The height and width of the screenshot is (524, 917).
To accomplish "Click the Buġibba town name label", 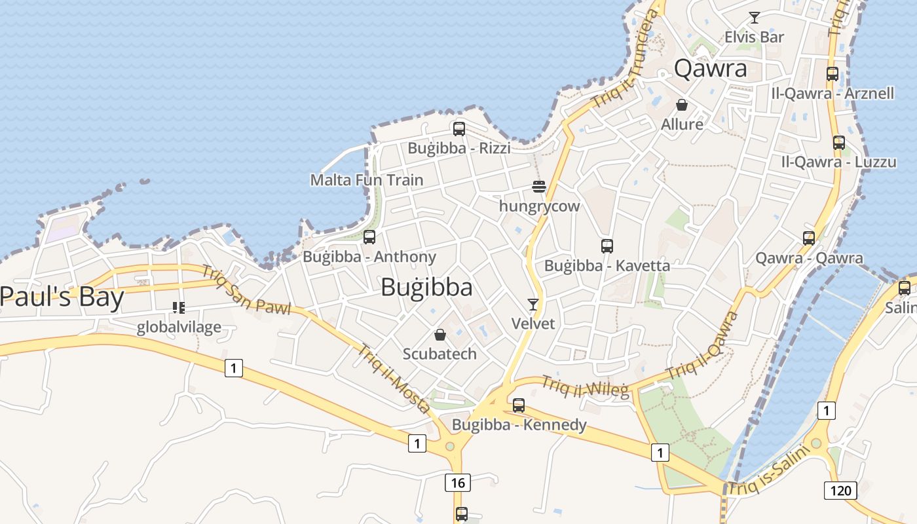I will click(426, 287).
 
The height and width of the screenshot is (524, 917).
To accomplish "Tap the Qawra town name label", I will click(710, 68).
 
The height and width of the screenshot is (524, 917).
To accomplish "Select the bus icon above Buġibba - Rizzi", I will click(459, 129).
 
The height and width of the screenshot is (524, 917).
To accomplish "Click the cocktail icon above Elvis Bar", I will click(755, 18).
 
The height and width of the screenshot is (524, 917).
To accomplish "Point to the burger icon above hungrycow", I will click(539, 187).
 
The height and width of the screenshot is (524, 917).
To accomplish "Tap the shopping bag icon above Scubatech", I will click(440, 335).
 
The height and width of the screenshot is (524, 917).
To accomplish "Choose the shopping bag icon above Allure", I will click(682, 105).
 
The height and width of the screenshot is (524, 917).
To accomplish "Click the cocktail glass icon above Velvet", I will click(533, 305).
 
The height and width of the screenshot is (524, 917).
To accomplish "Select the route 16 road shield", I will click(457, 483).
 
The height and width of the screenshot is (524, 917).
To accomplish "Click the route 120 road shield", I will click(840, 490).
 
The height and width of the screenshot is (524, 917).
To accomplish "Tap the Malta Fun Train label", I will click(367, 179).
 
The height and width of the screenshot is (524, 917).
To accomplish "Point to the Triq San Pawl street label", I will click(246, 290).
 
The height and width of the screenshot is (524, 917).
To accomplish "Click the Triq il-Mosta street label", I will click(394, 379).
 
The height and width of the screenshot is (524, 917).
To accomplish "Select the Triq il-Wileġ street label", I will click(585, 386).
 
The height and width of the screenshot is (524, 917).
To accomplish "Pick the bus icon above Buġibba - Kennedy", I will click(519, 405).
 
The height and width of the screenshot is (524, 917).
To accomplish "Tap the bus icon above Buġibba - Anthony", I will click(369, 237).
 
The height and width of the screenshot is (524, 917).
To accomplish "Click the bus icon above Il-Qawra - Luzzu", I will click(838, 143).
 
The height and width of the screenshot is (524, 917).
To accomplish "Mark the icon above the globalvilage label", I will click(178, 307).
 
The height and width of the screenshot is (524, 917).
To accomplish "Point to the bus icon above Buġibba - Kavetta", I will click(607, 246).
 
